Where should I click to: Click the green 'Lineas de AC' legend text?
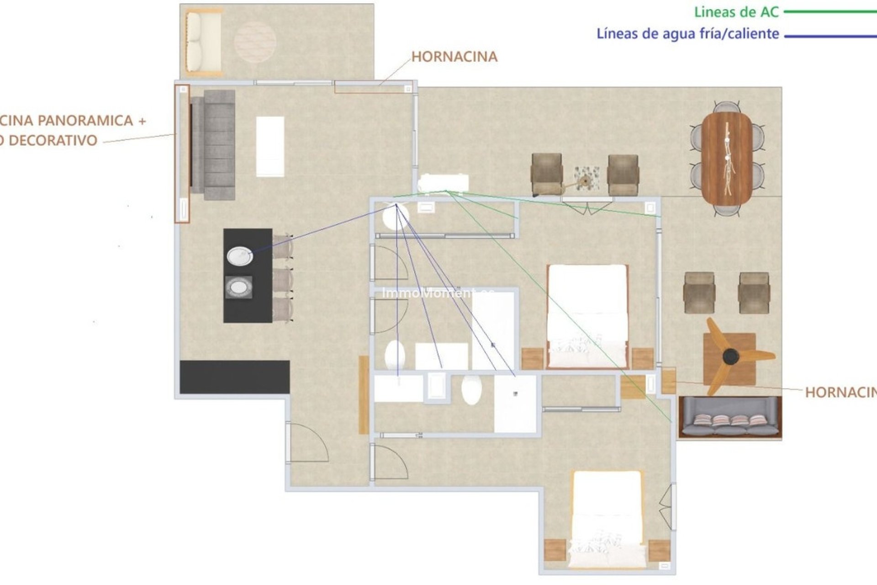(x=736, y=12)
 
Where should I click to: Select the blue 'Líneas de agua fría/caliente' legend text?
(x=687, y=34)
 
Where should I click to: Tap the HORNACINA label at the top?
(x=454, y=57)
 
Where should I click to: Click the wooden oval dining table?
(x=727, y=158)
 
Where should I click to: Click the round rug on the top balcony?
(x=255, y=42)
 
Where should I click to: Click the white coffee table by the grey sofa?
(x=270, y=146)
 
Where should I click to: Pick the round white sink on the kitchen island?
(x=240, y=256)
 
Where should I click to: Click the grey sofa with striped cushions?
(x=730, y=417)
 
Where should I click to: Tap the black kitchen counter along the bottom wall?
(x=235, y=377)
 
